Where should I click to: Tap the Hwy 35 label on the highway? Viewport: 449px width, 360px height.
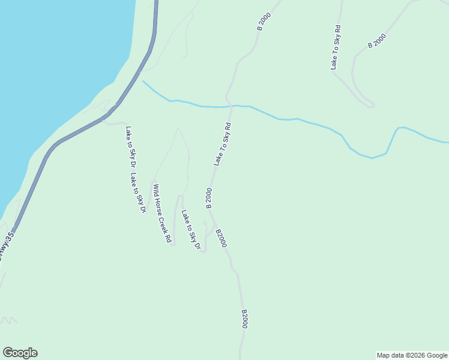[x=5, y=242]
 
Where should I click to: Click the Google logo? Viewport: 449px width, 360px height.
[x=20, y=353]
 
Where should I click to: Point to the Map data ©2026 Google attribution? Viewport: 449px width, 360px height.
[x=412, y=355]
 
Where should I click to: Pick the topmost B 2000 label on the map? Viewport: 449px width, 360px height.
[x=264, y=20]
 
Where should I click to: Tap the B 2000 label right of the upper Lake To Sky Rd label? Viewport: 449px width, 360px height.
[x=377, y=41]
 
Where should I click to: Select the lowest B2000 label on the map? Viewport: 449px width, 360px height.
[x=244, y=319]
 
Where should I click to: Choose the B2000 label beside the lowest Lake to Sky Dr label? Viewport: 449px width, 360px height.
[x=221, y=238]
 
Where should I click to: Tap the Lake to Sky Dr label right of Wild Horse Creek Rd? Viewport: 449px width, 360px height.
[x=190, y=230]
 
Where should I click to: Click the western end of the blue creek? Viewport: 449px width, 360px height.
[x=143, y=82]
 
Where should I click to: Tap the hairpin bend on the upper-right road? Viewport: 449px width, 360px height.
[x=372, y=106]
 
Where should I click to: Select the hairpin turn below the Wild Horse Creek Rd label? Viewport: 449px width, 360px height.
[x=171, y=243]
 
